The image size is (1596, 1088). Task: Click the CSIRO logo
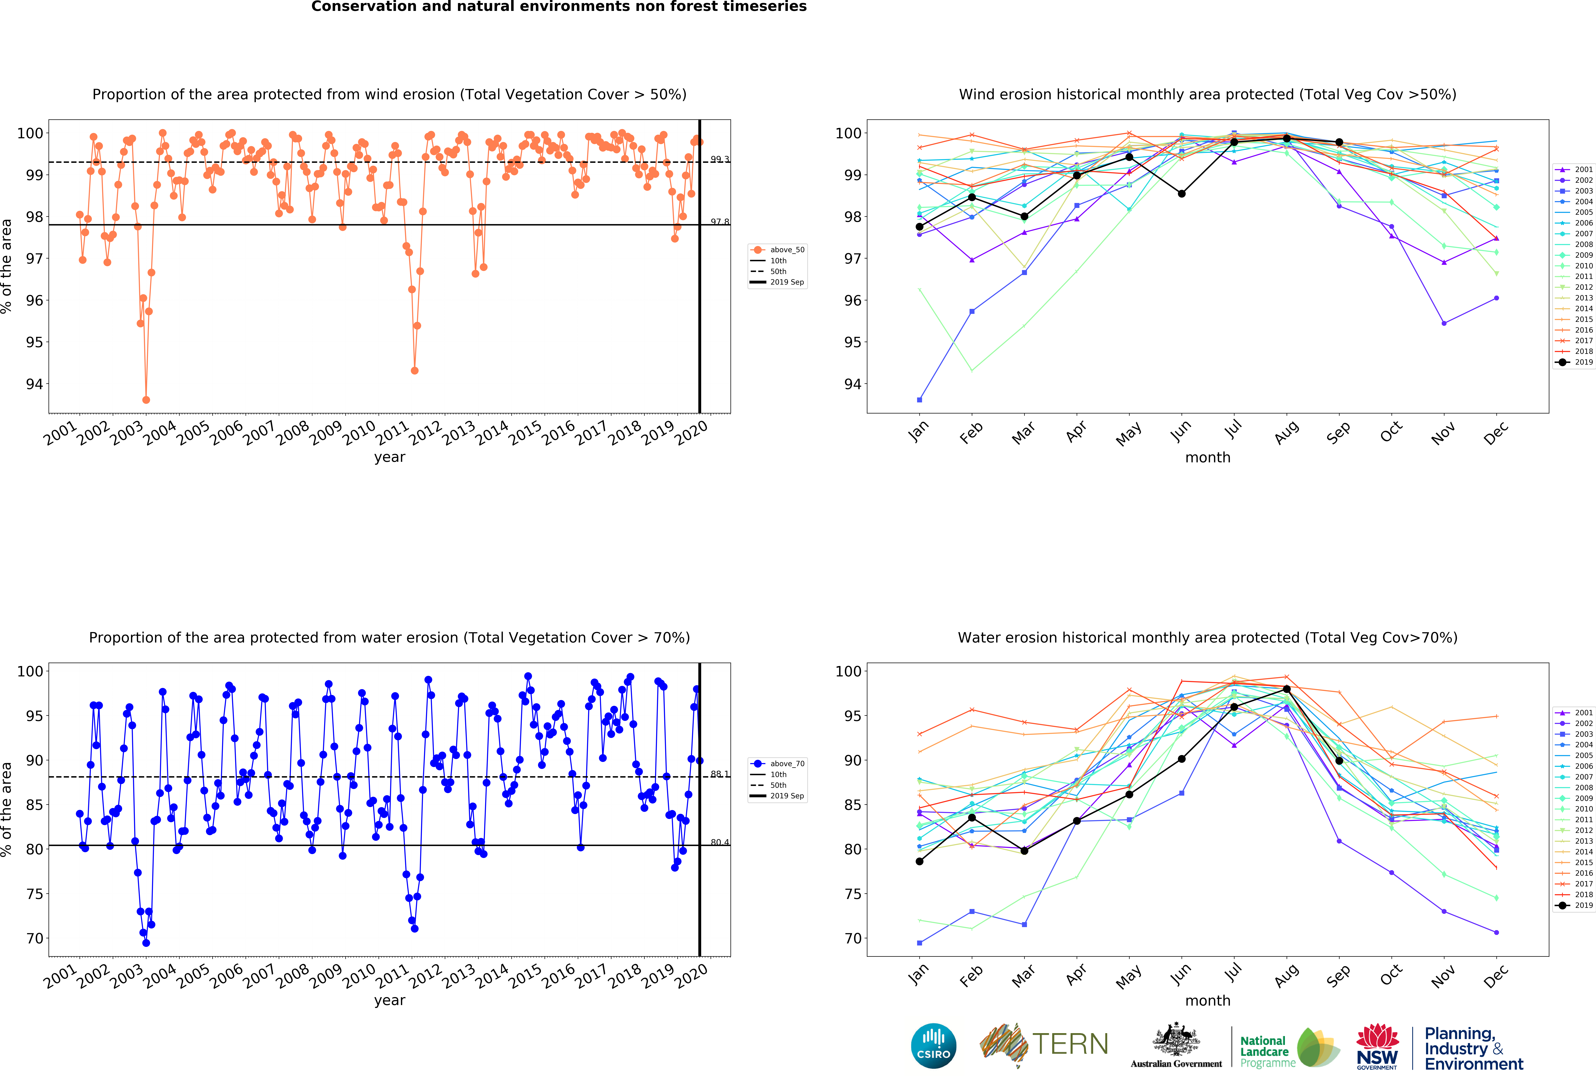[933, 1045]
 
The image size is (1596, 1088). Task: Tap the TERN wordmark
[1070, 1044]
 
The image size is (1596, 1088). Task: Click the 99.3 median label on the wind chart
[719, 159]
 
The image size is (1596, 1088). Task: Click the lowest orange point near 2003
[146, 400]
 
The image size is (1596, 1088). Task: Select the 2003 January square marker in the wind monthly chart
[919, 400]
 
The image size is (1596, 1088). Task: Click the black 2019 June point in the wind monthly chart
[1181, 194]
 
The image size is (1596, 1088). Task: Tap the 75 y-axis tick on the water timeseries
[34, 894]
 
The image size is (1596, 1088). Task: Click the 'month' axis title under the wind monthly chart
[1207, 457]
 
